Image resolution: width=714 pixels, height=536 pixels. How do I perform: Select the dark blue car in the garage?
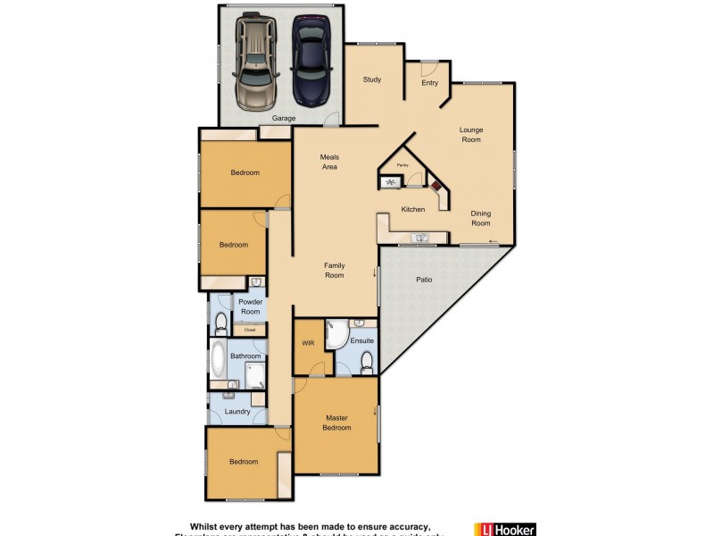(310, 61)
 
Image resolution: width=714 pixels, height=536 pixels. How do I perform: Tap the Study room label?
(372, 80)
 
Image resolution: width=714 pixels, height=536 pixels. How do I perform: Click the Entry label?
(430, 83)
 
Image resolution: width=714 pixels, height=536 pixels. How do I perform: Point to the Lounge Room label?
(470, 135)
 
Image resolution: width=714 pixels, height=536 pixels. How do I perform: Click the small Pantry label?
(403, 165)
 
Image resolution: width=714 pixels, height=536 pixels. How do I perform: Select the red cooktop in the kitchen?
(437, 189)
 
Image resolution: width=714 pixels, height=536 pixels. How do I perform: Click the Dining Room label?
(480, 219)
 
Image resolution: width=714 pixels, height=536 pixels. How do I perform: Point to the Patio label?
(425, 281)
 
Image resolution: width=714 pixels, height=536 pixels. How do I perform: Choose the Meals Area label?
(329, 162)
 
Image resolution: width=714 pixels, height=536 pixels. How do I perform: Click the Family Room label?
(334, 271)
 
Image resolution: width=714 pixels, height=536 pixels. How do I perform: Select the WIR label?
(309, 343)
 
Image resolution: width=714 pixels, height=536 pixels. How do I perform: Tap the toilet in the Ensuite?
(366, 362)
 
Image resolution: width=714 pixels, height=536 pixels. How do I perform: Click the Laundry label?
(237, 412)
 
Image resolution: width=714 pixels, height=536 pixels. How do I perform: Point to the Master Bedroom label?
(336, 423)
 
